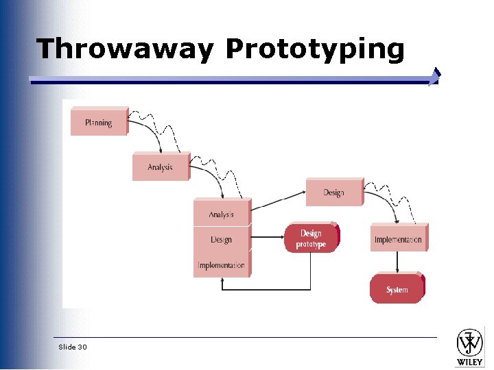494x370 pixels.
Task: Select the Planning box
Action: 99,123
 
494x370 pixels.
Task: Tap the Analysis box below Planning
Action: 160,167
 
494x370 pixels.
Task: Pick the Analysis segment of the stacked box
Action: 221,214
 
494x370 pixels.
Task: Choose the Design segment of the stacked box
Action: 221,240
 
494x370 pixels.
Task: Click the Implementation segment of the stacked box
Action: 221,265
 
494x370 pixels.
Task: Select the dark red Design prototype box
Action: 311,238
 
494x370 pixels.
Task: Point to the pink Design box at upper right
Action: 333,193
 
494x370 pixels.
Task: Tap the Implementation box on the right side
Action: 398,239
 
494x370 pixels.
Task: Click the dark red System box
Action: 397,289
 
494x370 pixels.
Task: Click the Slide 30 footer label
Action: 73,347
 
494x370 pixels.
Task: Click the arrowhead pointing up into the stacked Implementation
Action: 222,282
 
